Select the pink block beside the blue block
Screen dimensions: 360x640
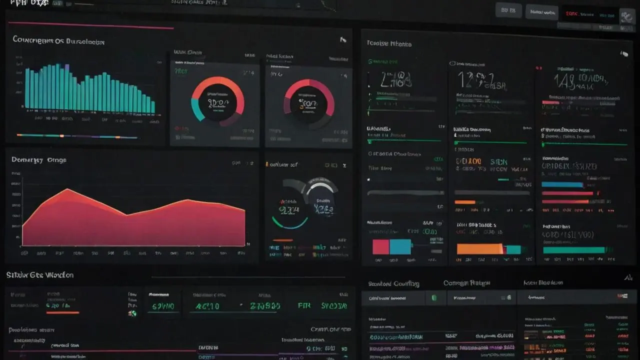coord(381,246)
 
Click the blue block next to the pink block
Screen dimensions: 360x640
coord(400,246)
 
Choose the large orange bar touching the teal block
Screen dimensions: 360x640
coord(479,248)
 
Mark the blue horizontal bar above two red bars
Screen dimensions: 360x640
coord(562,184)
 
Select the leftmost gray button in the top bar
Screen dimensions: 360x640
coord(508,10)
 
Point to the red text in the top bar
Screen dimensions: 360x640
coord(575,13)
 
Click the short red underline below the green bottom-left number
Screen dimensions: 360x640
coord(62,312)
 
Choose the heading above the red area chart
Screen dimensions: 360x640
coord(38,160)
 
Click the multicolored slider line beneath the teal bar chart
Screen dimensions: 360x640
coord(77,136)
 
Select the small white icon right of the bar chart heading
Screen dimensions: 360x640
coord(343,40)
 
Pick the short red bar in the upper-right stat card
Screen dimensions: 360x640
coord(550,102)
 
